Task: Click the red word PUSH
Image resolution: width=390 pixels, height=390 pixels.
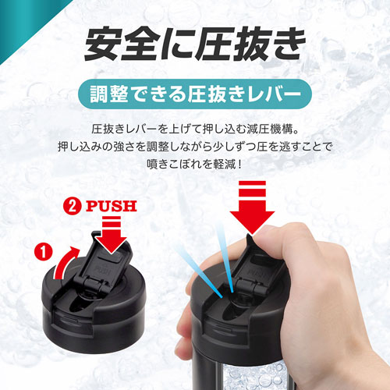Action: pyautogui.click(x=112, y=206)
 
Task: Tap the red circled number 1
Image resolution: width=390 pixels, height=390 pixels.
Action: pyautogui.click(x=44, y=251)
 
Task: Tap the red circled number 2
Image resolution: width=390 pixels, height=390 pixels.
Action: pyautogui.click(x=73, y=206)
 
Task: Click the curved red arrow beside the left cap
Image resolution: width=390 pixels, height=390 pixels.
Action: pyautogui.click(x=65, y=263)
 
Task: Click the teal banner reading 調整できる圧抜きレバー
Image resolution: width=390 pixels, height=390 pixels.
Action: pyautogui.click(x=195, y=94)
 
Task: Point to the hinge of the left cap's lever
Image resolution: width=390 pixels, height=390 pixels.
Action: pyautogui.click(x=93, y=284)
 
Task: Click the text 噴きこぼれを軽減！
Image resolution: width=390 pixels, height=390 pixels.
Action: pyautogui.click(x=195, y=164)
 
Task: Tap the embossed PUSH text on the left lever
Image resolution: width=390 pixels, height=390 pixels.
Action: pyautogui.click(x=103, y=271)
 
